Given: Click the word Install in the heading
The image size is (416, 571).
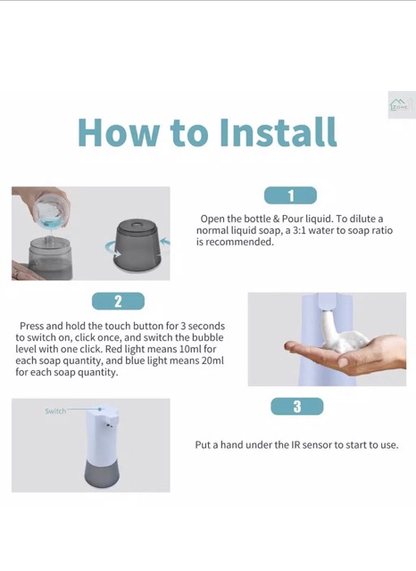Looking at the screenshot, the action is [x=279, y=131].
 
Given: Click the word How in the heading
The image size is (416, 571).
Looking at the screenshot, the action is [x=119, y=132].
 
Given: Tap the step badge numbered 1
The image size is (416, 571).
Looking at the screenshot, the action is [x=290, y=195].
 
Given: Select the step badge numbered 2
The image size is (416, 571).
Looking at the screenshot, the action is [x=118, y=302].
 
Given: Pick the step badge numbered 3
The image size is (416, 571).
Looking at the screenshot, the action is [x=297, y=407].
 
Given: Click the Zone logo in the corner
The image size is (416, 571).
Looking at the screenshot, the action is [x=402, y=105].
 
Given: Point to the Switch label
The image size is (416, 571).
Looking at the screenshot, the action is [x=55, y=411].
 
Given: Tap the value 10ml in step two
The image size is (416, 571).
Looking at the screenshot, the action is [x=188, y=349].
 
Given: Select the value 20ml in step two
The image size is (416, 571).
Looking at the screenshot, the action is [x=212, y=360].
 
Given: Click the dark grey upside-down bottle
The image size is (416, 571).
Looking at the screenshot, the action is [x=138, y=245].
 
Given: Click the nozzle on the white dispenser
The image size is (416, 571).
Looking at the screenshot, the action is [x=109, y=425].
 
